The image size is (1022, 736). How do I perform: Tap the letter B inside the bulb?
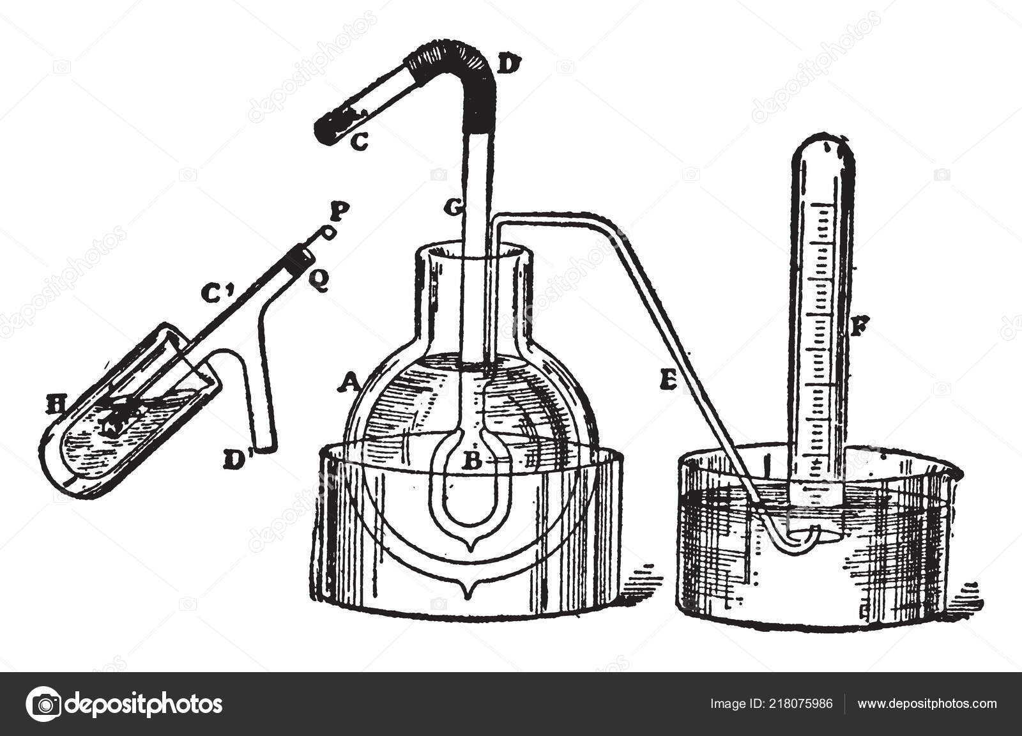471,462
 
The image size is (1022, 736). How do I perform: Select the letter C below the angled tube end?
359,143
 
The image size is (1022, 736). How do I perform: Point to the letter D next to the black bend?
512,64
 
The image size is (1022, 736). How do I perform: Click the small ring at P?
328,233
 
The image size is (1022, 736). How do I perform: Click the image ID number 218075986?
801,704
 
